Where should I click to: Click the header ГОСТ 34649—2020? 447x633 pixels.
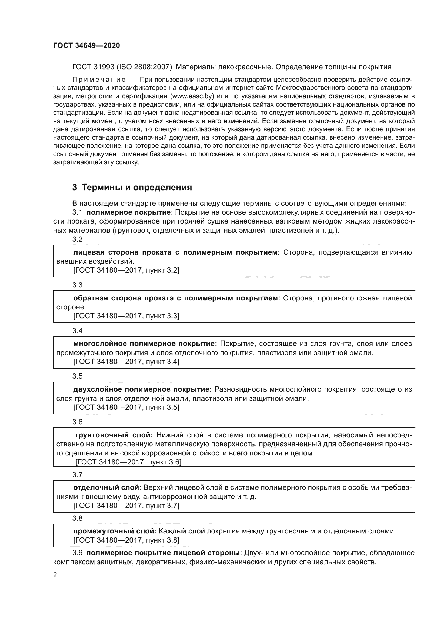click(86, 45)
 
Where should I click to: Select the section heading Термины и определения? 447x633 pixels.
click(137, 188)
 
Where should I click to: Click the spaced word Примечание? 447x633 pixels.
click(99, 80)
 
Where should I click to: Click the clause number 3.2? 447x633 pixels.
click(77, 239)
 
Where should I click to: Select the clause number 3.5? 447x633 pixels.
click(77, 376)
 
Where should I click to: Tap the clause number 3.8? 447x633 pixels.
click(77, 518)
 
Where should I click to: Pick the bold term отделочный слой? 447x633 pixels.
click(107, 488)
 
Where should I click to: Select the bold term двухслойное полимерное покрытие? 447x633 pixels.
click(142, 389)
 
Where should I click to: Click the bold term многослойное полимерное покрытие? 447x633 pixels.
click(145, 343)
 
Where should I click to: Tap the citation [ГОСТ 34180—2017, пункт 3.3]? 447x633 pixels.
click(126, 316)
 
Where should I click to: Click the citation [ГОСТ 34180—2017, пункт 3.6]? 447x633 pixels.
click(128, 462)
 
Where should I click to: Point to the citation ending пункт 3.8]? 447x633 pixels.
click(126, 540)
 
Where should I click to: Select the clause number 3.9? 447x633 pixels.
click(77, 553)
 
